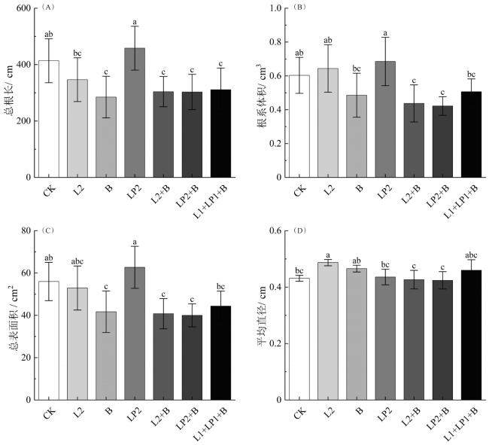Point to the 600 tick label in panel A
click(31, 8)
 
